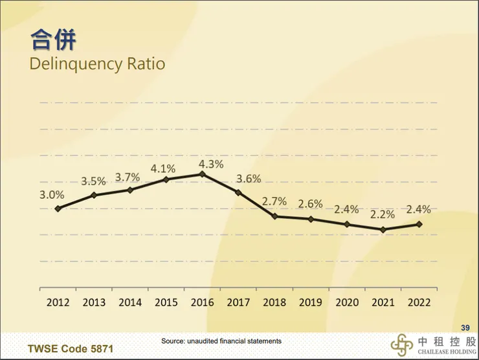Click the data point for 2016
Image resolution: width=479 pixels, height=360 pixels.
(203, 174)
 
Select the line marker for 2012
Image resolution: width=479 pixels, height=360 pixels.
(58, 208)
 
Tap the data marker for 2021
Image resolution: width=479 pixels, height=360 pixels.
(383, 230)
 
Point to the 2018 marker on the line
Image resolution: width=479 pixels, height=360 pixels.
(274, 216)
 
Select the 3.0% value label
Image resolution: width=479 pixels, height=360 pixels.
(52, 194)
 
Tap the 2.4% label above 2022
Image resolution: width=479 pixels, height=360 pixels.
(418, 209)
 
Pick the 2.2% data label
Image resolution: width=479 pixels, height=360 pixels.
(383, 215)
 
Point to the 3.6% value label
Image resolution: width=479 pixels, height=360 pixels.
(249, 179)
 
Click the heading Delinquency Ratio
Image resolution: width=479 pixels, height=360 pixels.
(97, 64)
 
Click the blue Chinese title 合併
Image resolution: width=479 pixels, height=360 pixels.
(53, 39)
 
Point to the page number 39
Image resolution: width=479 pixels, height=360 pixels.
(464, 327)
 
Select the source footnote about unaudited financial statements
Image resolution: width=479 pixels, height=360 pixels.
(221, 341)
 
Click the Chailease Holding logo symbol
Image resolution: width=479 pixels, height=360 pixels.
(401, 345)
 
